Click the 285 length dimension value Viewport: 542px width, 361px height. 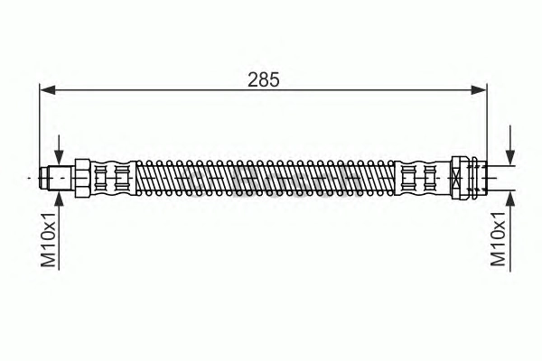264,79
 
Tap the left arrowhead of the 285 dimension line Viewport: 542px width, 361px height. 47,90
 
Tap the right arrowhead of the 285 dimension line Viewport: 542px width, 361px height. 479,90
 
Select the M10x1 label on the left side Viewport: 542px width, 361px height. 49,240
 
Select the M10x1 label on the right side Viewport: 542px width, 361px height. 498,238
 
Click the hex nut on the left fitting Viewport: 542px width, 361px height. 82,178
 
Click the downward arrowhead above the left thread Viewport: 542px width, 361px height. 59,158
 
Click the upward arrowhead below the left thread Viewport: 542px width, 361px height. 59,199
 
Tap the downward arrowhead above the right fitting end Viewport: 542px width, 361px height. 510,158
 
